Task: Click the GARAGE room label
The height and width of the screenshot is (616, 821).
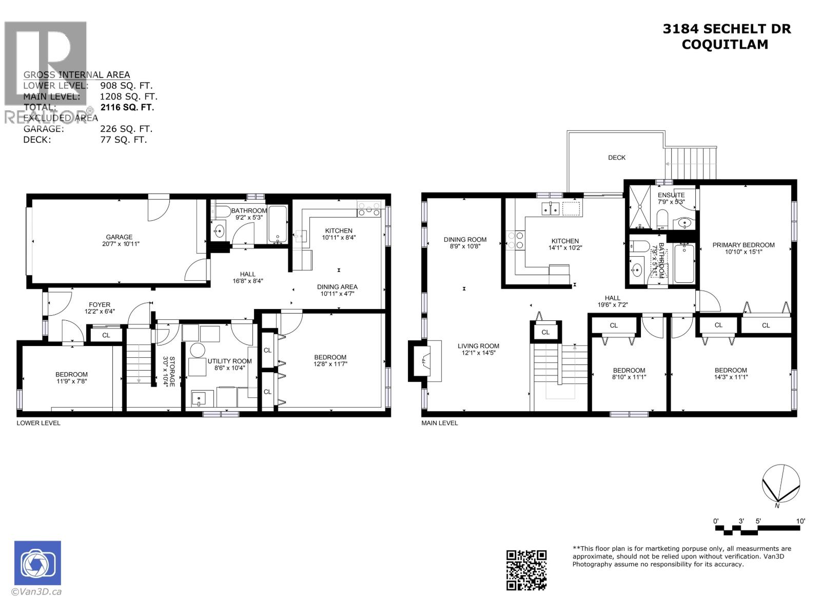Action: (119, 237)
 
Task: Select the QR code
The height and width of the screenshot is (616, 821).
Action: (526, 570)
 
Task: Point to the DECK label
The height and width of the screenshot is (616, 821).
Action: (617, 158)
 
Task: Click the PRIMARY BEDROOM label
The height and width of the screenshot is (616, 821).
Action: (743, 245)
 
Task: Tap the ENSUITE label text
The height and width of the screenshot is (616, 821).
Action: (671, 195)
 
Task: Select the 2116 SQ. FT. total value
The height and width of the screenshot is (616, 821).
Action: (127, 107)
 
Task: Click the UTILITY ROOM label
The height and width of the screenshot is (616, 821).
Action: (229, 361)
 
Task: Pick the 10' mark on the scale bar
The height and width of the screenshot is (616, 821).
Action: (800, 521)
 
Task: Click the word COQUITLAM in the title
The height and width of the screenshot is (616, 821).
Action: (725, 45)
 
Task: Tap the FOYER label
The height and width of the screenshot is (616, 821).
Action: (100, 304)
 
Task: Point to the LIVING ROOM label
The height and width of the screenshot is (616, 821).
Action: (478, 346)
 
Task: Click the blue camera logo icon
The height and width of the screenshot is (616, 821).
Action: (37, 563)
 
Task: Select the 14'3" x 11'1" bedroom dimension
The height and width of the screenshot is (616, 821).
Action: (731, 377)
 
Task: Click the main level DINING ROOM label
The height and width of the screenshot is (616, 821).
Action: (465, 239)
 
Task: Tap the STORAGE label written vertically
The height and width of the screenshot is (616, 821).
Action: (172, 371)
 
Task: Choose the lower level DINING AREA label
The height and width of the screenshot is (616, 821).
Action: (337, 287)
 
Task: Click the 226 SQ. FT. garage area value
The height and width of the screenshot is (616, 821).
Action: (126, 129)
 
